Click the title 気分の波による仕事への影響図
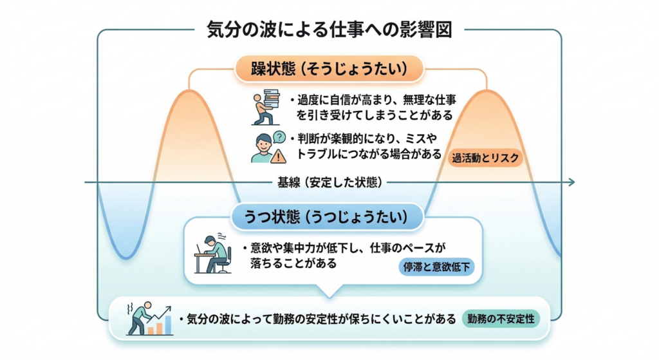329,30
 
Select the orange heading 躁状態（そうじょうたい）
329,68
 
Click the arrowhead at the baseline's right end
570,183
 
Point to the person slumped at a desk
213,254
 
